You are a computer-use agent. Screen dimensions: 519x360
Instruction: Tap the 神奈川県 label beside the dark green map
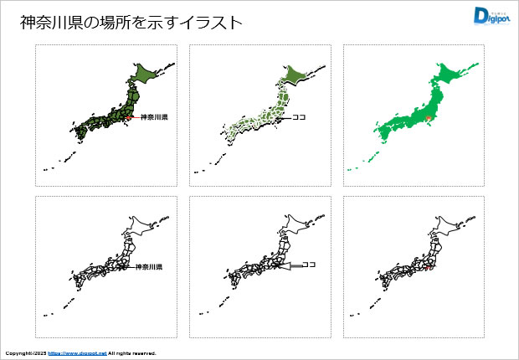click(x=154, y=116)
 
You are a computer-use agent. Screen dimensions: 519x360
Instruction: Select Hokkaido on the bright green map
click(x=455, y=75)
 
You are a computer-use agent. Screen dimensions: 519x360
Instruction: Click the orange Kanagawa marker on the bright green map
click(x=429, y=119)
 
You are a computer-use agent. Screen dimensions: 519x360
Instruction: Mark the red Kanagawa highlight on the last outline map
click(x=429, y=270)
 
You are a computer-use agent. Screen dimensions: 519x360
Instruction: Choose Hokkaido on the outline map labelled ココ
click(x=299, y=226)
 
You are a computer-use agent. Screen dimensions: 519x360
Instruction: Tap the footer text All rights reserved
click(x=132, y=353)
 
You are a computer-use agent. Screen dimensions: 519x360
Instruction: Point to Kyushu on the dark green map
click(x=80, y=132)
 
